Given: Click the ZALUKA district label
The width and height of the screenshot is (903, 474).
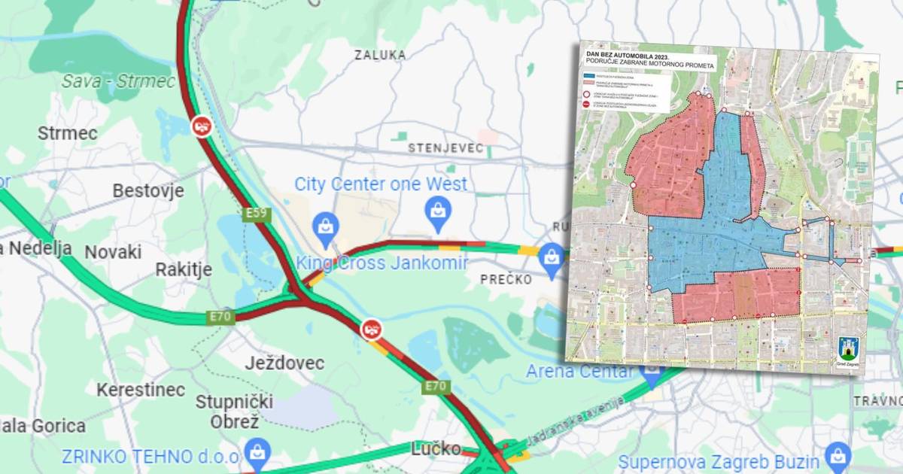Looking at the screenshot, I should (380, 55).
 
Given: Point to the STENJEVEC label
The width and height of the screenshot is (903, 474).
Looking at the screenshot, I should (446, 148).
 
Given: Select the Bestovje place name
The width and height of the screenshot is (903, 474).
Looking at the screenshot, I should (148, 190).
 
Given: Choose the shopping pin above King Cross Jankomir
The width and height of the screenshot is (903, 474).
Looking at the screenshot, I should (326, 228).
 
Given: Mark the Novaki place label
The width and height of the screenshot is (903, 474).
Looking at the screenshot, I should (113, 252).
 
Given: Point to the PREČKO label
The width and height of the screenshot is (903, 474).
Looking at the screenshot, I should (506, 279).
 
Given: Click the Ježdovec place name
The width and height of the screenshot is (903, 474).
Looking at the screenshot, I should (284, 363).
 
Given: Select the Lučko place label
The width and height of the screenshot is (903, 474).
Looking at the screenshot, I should (436, 449).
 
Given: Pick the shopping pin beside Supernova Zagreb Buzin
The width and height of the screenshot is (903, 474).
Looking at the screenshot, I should (835, 457).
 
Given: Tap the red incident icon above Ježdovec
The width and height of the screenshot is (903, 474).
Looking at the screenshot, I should (371, 329).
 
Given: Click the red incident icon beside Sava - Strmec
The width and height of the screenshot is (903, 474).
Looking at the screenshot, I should (201, 126).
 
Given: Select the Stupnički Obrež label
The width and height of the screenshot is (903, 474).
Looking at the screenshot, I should (227, 411).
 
